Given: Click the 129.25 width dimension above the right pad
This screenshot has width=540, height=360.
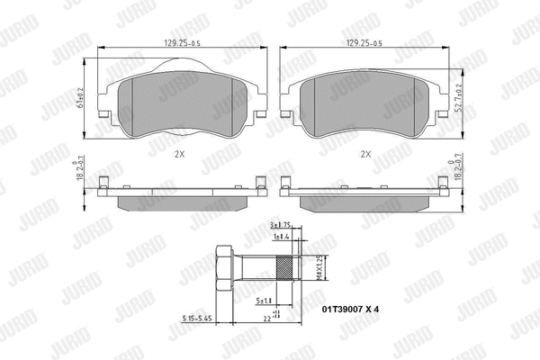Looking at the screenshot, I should pyautogui.click(x=363, y=42).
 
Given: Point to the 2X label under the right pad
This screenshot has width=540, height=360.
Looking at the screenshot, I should pyautogui.click(x=364, y=153).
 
